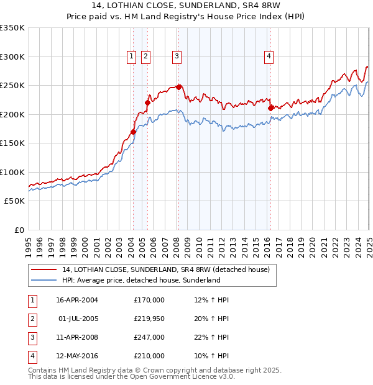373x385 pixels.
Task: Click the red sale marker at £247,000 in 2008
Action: pos(179,87)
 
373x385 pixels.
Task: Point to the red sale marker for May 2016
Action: pos(270,108)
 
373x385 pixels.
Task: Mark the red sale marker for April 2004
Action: pos(133,132)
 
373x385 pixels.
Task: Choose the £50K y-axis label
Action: pos(14,201)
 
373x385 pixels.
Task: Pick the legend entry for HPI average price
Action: pos(141,280)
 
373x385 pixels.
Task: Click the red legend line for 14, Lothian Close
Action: pos(44,270)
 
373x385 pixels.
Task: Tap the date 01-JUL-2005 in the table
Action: pos(78,319)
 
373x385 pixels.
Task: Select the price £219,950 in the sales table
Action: pos(149,319)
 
